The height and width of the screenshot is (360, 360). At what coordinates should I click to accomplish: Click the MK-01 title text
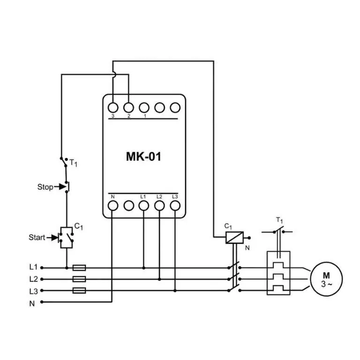143,157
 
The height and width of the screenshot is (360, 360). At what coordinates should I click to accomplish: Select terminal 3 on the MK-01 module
113,107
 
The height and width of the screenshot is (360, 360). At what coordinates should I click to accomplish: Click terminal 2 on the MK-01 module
128,107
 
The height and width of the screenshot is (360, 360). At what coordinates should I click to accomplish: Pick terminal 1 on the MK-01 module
144,107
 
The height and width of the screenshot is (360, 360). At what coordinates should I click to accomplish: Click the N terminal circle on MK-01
113,205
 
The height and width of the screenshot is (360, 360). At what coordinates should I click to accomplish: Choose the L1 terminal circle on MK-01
144,205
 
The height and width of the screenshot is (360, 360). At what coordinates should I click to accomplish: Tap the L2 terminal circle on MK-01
159,205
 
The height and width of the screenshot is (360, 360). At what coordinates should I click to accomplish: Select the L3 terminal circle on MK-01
175,205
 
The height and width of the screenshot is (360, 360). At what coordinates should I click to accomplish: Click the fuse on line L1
79,268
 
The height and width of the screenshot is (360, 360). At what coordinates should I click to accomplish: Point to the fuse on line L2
79,279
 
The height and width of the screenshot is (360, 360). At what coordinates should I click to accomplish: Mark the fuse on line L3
79,291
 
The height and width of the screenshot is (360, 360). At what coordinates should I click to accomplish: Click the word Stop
45,187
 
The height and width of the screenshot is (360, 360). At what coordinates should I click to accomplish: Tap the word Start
37,237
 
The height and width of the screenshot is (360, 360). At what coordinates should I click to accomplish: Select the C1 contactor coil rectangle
235,237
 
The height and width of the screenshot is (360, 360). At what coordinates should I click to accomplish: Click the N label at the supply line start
32,304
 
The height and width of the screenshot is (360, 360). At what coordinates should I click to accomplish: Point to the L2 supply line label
33,279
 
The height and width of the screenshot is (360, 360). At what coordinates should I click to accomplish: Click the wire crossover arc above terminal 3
114,74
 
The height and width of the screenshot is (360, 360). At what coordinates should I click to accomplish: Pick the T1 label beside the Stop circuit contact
73,163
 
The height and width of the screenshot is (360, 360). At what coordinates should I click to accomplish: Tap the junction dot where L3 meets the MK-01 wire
175,291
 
